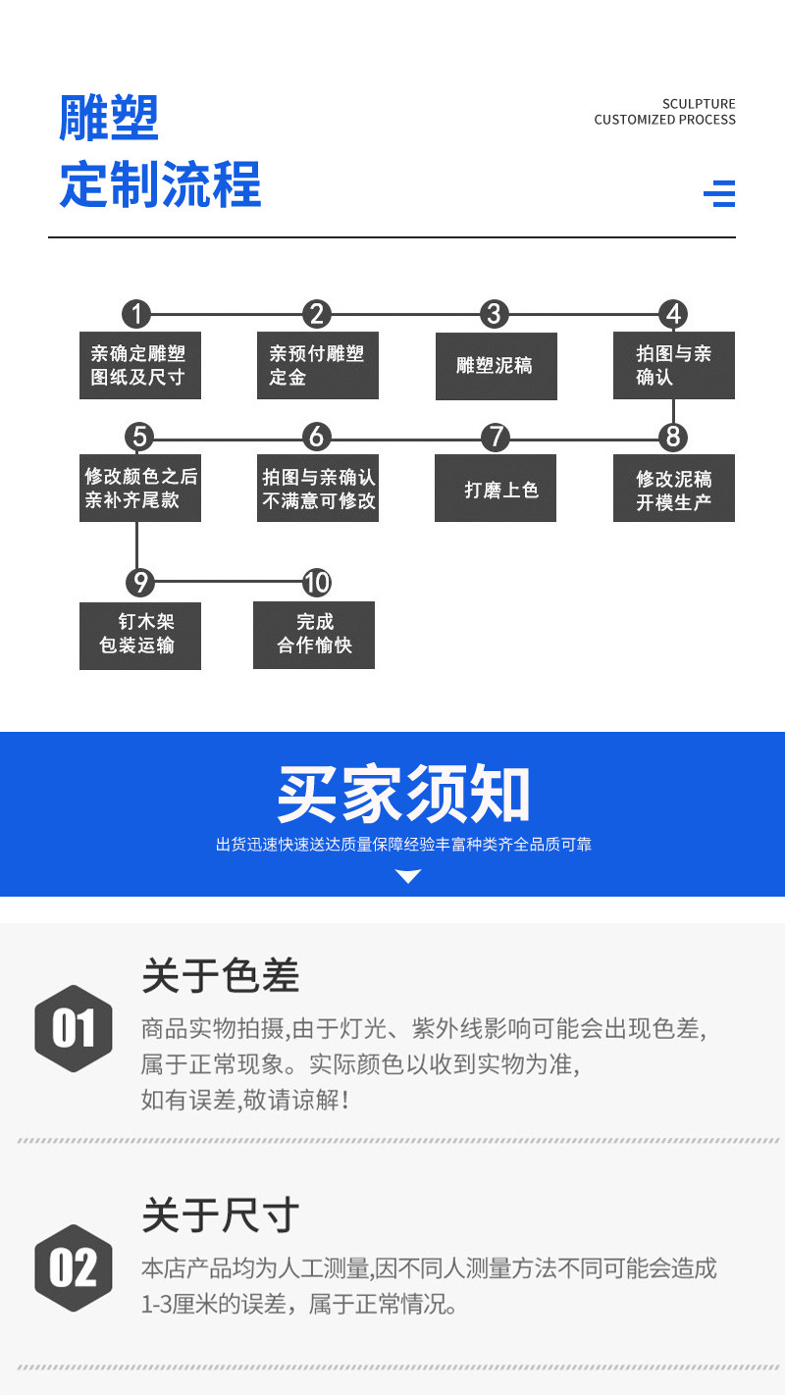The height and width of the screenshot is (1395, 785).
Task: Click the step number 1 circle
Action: coord(136,314)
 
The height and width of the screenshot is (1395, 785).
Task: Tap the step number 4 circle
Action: coord(673,314)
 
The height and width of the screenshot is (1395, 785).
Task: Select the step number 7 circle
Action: coord(496,437)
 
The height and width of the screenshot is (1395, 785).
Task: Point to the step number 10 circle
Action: coord(316,583)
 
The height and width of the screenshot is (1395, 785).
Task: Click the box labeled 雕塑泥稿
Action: coord(496,366)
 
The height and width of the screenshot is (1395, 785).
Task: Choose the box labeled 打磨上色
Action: coord(496,489)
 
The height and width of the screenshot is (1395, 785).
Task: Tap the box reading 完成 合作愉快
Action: coord(314,635)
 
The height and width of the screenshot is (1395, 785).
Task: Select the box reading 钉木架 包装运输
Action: coord(139,635)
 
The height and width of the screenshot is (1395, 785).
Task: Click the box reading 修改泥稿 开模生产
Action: coord(673,489)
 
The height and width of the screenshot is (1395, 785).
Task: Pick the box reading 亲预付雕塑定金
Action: coord(317,366)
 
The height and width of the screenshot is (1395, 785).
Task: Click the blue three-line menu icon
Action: coord(719,193)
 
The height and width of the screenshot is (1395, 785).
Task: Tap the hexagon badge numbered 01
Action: coord(74,1029)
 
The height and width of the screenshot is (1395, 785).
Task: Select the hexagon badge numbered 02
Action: coord(74,1267)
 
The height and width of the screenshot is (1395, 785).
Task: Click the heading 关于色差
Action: coord(221,976)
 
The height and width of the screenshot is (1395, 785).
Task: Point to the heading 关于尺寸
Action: coord(221,1215)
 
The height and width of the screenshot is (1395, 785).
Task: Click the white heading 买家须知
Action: coord(403,794)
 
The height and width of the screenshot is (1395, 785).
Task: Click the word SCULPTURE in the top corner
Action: coord(699,104)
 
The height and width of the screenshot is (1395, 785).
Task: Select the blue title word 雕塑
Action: coord(109,120)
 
